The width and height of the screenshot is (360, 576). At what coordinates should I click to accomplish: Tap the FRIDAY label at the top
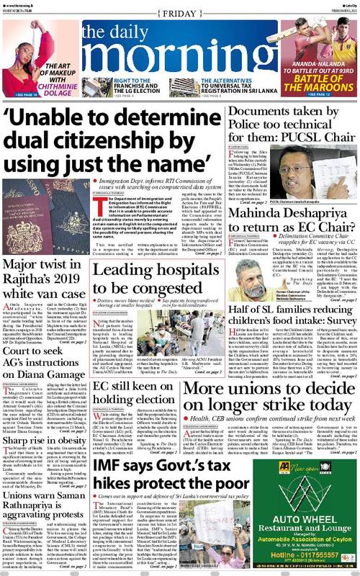(x=179, y=11)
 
